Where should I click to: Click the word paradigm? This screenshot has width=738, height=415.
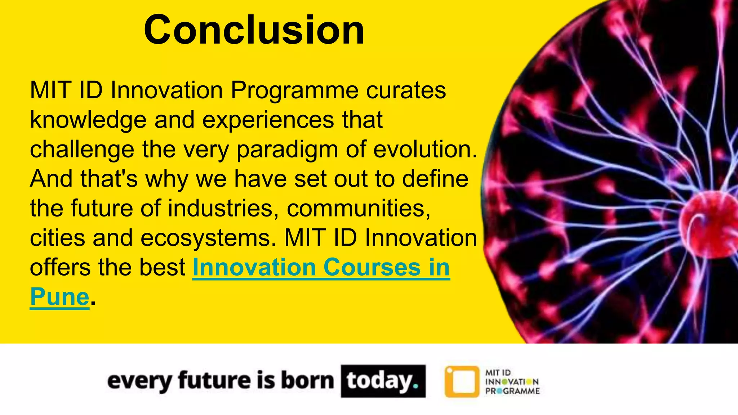pos(287,150)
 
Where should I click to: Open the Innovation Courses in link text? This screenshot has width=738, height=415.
pos(321,268)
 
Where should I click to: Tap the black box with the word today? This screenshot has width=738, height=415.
pos(383,381)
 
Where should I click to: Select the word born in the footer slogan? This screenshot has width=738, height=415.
pos(307,381)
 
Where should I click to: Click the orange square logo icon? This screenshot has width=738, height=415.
pos(462,381)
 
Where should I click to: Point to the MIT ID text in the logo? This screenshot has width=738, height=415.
pos(498,372)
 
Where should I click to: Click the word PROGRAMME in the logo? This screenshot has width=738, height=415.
pos(512,391)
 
